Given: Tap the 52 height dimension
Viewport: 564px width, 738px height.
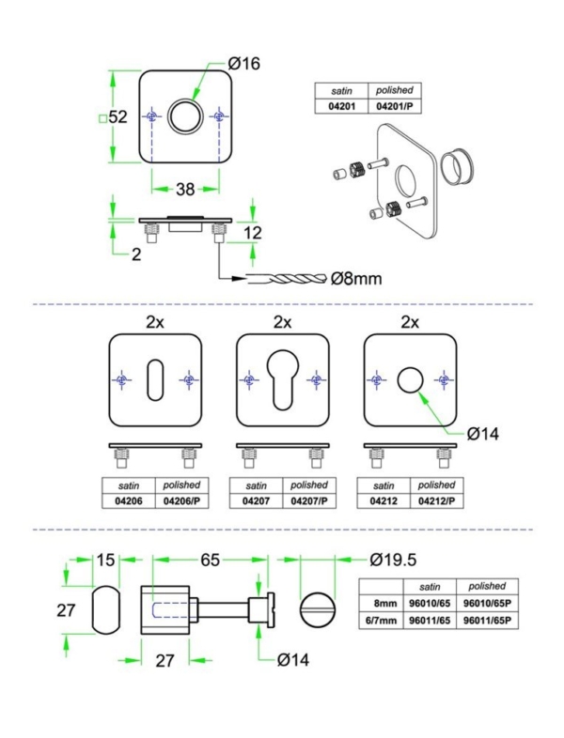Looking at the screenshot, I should pyautogui.click(x=117, y=117).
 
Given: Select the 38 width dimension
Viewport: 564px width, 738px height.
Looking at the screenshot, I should pyautogui.click(x=184, y=189).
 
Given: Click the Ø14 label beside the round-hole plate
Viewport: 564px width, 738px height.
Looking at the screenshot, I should pyautogui.click(x=483, y=433).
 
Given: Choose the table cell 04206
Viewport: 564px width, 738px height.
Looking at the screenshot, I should pyautogui.click(x=123, y=501).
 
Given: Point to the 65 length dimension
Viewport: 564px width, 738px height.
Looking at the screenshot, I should pyautogui.click(x=209, y=560).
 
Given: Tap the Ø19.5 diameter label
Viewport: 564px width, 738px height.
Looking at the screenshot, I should pyautogui.click(x=393, y=560).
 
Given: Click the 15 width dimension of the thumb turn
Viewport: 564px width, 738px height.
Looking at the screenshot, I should pyautogui.click(x=105, y=560).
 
